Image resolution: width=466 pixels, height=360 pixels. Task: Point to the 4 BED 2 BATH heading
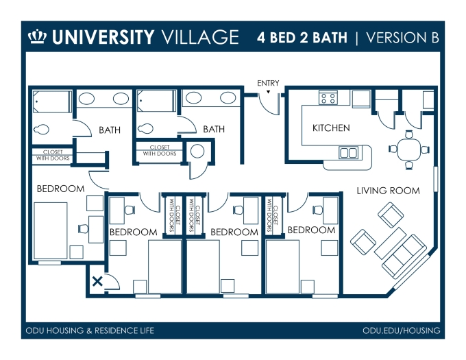[x=302, y=36]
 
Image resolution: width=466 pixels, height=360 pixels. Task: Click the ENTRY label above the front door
[x=268, y=83]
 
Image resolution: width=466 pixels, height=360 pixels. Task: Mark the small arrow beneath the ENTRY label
[x=269, y=91]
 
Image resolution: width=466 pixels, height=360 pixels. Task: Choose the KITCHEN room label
[x=331, y=128]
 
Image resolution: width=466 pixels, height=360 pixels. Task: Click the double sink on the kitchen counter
[x=348, y=152]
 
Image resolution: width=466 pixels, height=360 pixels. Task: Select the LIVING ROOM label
[x=388, y=191]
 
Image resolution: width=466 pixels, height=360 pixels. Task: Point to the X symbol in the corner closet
[x=97, y=280]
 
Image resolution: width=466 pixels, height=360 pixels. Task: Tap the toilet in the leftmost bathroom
[x=42, y=128]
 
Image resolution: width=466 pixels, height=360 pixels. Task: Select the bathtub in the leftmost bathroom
[x=51, y=103]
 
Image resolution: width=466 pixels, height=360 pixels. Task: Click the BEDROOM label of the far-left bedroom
[x=60, y=189]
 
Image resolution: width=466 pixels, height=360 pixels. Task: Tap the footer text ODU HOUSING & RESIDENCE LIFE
[x=90, y=331]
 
